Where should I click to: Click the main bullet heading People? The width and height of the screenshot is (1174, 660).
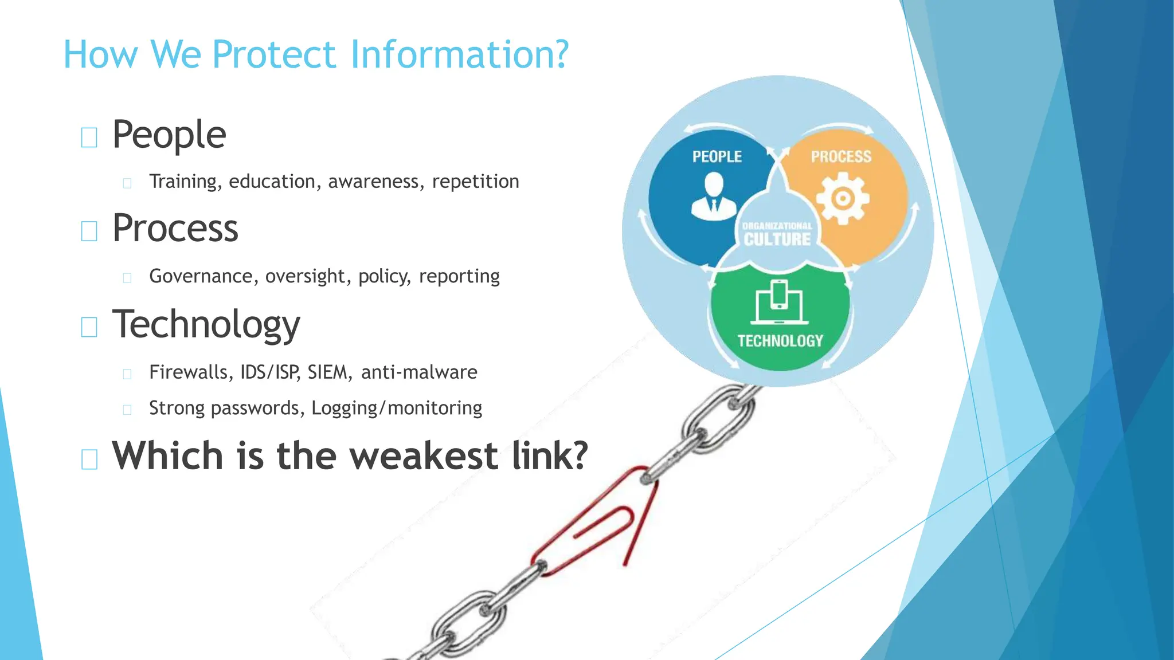click(169, 135)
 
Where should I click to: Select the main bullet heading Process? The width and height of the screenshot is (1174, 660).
click(175, 229)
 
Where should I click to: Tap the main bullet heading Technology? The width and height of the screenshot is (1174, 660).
click(206, 325)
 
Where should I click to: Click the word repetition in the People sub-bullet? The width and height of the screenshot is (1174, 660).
click(475, 182)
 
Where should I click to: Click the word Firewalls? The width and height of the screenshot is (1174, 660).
click(189, 372)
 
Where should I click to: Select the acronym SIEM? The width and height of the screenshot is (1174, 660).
click(327, 372)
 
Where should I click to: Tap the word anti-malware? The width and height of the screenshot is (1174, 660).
click(419, 372)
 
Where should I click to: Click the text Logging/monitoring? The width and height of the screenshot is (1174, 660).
click(397, 408)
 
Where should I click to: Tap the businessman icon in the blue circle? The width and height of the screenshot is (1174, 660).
click(713, 197)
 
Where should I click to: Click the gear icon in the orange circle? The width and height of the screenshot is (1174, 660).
click(842, 199)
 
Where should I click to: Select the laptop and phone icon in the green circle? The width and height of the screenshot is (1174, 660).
click(780, 302)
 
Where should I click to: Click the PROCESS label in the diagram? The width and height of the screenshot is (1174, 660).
click(840, 156)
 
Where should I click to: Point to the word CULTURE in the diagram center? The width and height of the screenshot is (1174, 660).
click(777, 239)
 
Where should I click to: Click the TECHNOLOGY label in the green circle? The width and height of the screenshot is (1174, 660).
click(780, 341)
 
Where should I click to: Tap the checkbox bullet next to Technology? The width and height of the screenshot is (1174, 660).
click(89, 327)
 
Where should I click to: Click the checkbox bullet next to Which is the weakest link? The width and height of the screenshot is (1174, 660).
click(89, 459)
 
